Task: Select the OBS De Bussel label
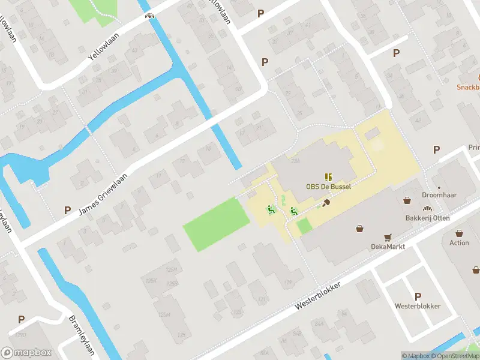pos(328,187)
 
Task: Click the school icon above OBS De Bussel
pos(328,177)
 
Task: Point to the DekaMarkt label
pos(388,247)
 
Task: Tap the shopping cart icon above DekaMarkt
pos(388,238)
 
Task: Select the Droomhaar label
pos(439,195)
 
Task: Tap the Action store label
pos(459,242)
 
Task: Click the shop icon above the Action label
pos(459,233)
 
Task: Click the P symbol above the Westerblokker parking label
pos(418,296)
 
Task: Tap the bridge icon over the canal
pos(149,16)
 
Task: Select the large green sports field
pos(215,224)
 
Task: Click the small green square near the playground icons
pos(304,226)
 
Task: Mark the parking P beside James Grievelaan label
pos(67,211)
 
